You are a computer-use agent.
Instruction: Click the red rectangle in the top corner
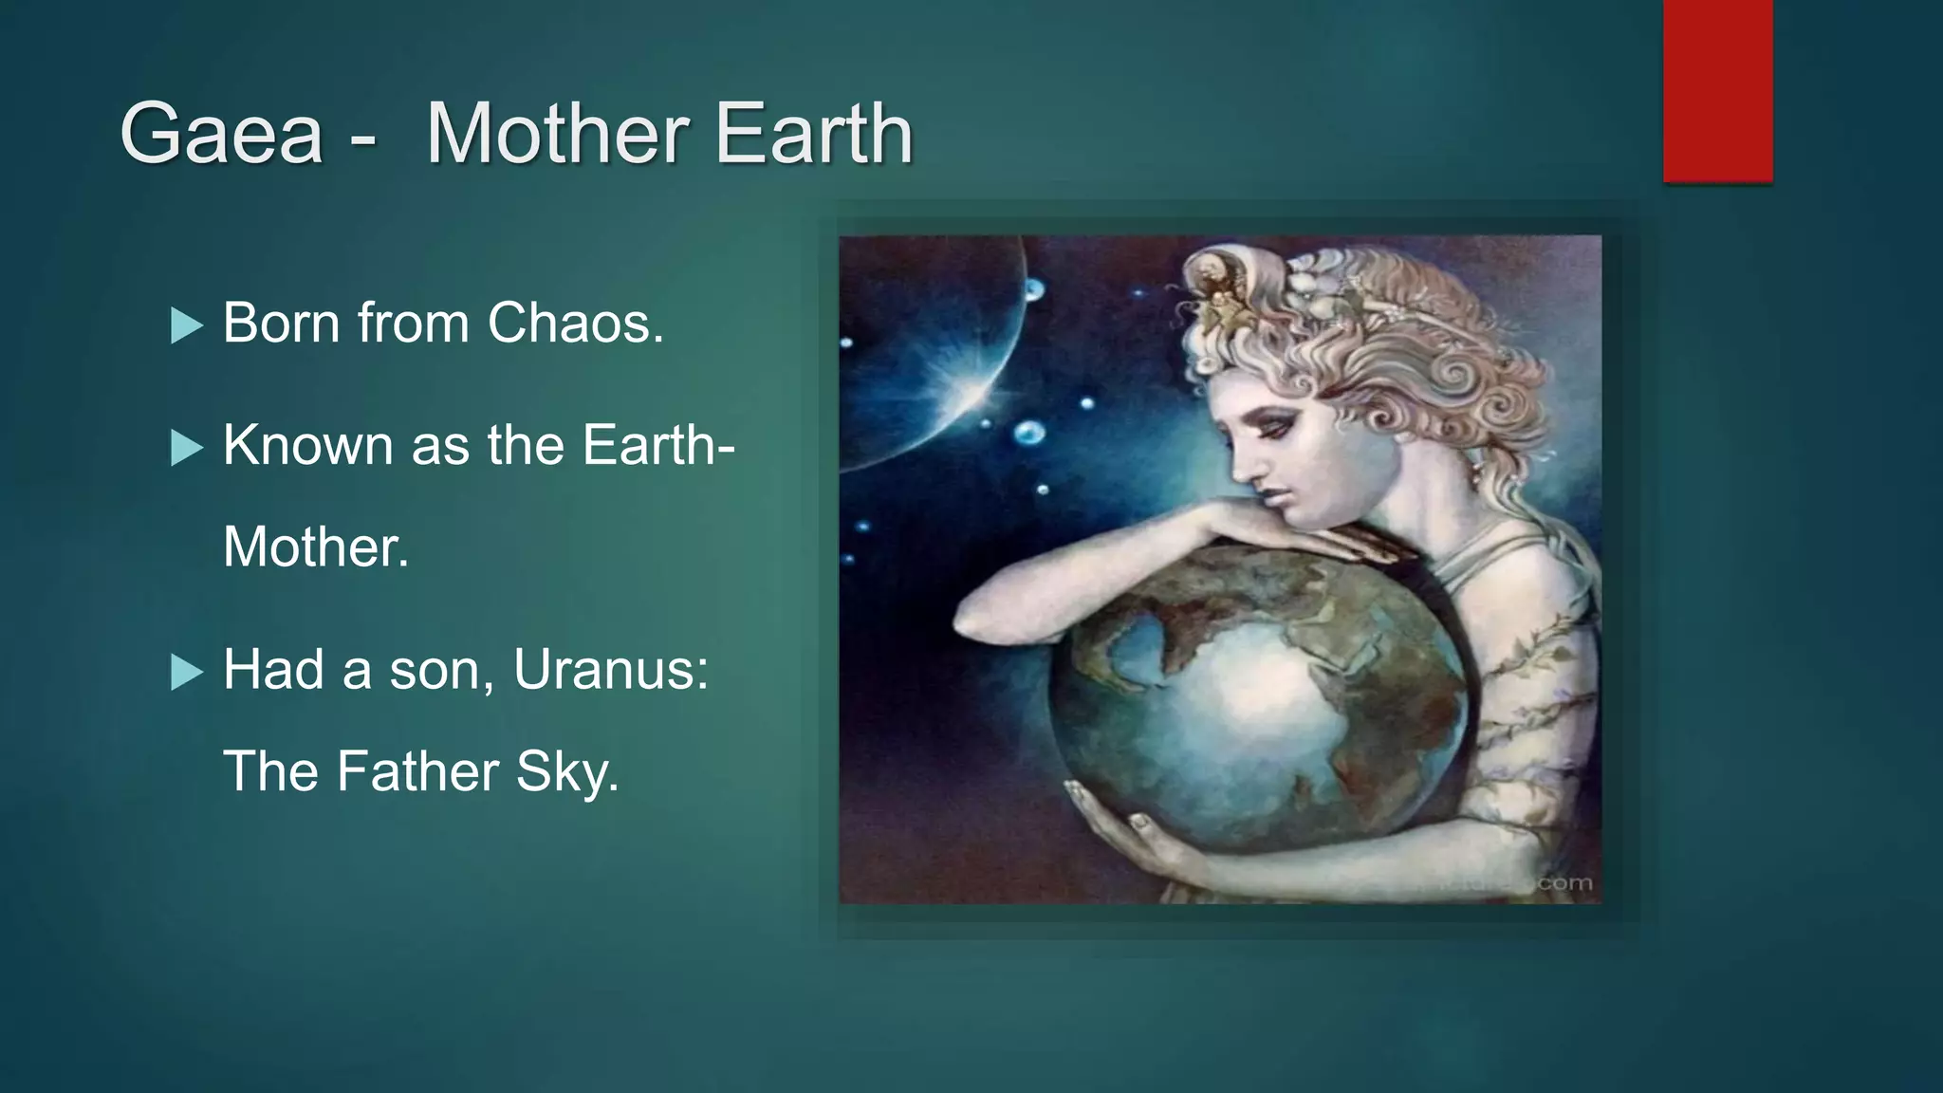(x=1717, y=90)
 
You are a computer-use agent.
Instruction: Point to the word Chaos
(x=575, y=323)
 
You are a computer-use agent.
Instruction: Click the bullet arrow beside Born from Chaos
(x=187, y=326)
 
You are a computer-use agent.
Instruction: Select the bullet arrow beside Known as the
(x=187, y=448)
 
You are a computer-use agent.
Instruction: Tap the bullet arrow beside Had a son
(x=187, y=673)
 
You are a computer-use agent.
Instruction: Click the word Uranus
(x=610, y=670)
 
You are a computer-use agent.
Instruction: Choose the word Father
(x=416, y=770)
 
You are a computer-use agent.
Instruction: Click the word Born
(x=281, y=323)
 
